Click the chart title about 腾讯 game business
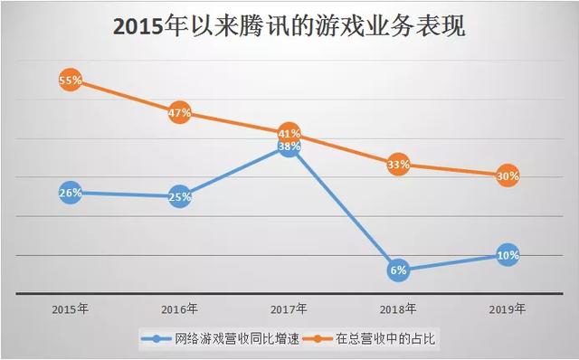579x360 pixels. coord(289,27)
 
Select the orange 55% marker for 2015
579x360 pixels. coord(71,81)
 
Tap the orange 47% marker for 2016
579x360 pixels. coord(179,113)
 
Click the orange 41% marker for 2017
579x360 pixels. coord(289,132)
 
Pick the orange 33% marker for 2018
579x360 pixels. coord(398,165)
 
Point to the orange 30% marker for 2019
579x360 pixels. coord(508,177)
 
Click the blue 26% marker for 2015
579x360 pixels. coord(71,193)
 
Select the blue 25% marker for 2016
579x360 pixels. coord(179,196)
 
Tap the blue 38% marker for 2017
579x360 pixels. coord(289,147)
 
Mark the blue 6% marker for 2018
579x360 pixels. coord(398,270)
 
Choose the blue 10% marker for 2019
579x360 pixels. coord(508,256)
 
